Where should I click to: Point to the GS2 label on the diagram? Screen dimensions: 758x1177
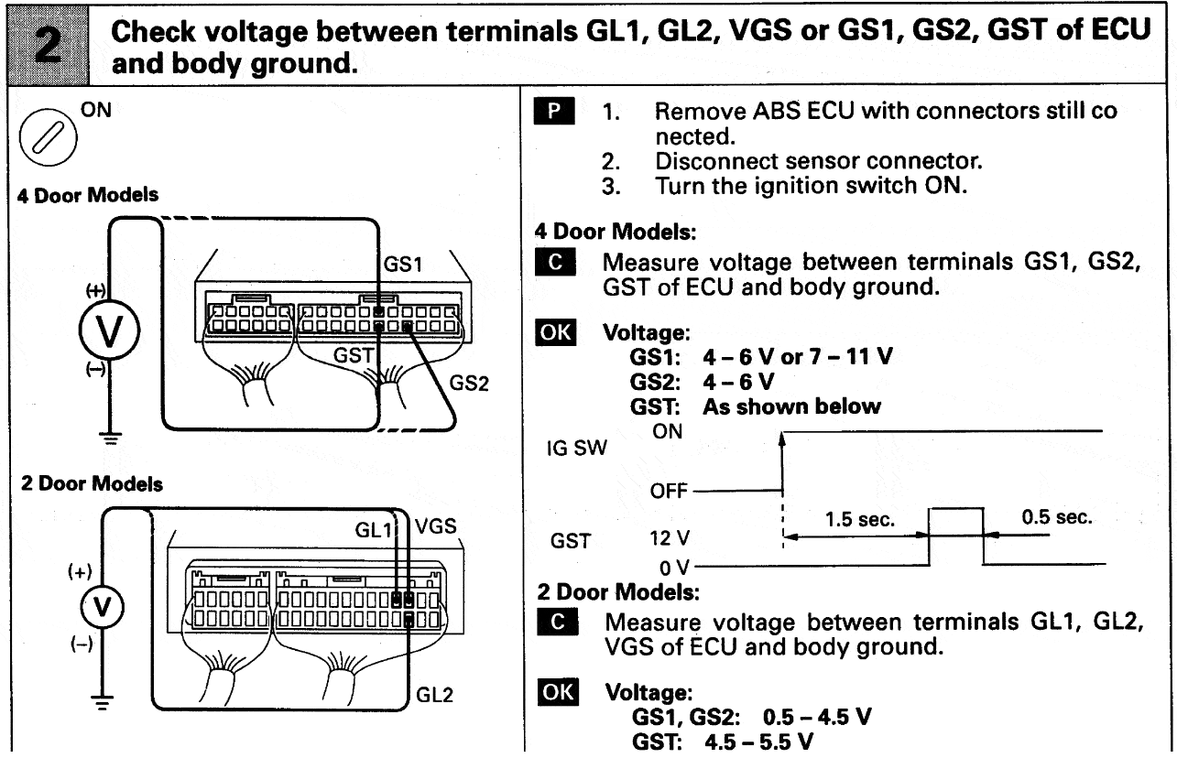click(x=469, y=384)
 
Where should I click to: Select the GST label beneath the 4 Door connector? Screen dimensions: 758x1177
click(x=350, y=359)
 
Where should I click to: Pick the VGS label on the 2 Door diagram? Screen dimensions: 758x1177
click(x=436, y=529)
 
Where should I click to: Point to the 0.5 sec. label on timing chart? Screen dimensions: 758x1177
click(x=1057, y=518)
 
